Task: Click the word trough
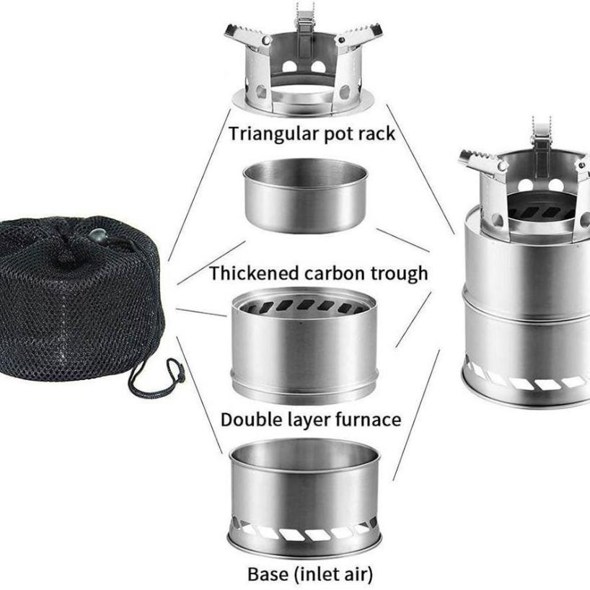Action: [400, 274]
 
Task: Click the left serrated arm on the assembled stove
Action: [479, 159]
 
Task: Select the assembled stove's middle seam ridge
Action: [527, 298]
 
